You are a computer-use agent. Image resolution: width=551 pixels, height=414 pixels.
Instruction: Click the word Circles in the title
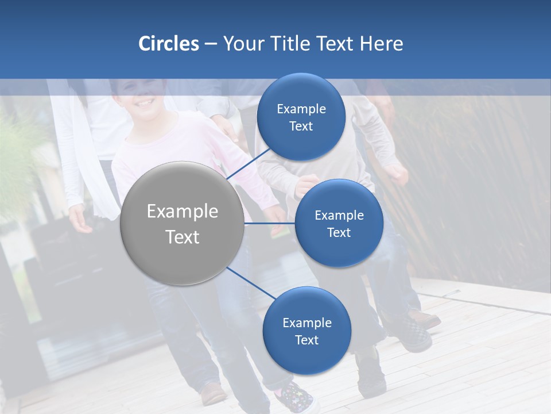pos(168,44)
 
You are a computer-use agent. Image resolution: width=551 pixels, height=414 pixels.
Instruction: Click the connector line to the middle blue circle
pos(269,223)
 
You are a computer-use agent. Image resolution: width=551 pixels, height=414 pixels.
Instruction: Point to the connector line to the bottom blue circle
pos(250,283)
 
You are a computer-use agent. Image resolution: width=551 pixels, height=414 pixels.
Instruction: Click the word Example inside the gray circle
pos(183,212)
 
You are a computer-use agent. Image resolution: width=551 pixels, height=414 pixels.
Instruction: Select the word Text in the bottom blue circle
pos(306,340)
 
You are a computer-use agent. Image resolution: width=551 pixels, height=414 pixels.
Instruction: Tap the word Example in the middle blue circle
pos(339,216)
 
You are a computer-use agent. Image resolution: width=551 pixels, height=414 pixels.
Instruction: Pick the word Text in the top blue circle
pos(301,126)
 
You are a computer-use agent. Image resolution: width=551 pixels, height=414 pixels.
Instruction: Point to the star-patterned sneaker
pos(296,396)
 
